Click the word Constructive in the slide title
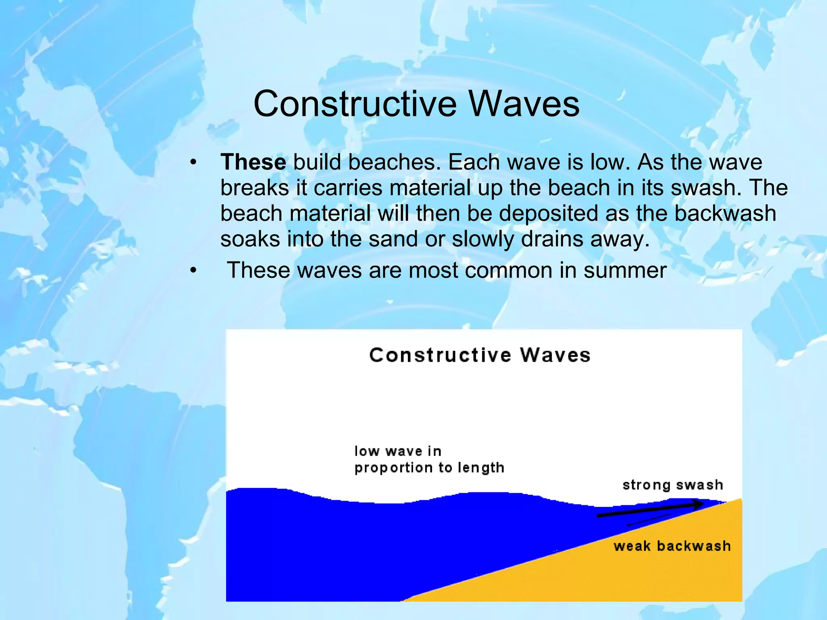pyautogui.click(x=355, y=104)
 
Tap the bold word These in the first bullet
pyautogui.click(x=253, y=162)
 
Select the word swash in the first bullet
pyautogui.click(x=705, y=188)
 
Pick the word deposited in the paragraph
pyautogui.click(x=549, y=214)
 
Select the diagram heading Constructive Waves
pyautogui.click(x=480, y=355)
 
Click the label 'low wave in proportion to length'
pyautogui.click(x=429, y=459)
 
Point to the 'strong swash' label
pyautogui.click(x=672, y=485)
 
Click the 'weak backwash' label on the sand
pyautogui.click(x=672, y=546)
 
